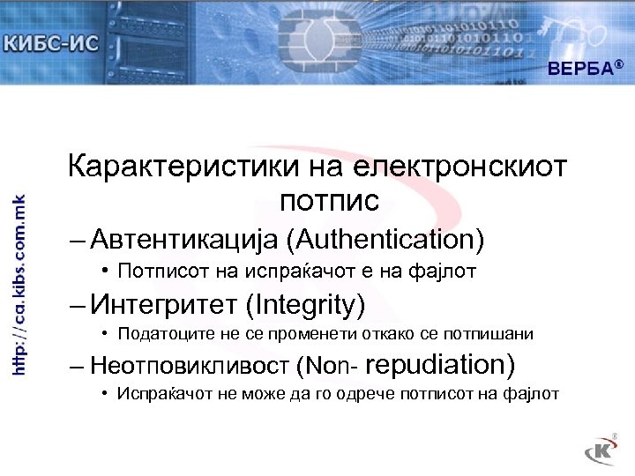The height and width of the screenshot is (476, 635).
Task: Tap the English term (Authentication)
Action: coord(391,239)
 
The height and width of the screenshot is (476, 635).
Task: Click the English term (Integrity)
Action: coord(306,305)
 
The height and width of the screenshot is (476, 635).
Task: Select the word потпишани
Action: coord(498,335)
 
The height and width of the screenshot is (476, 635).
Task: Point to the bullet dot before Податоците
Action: coord(104,334)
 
